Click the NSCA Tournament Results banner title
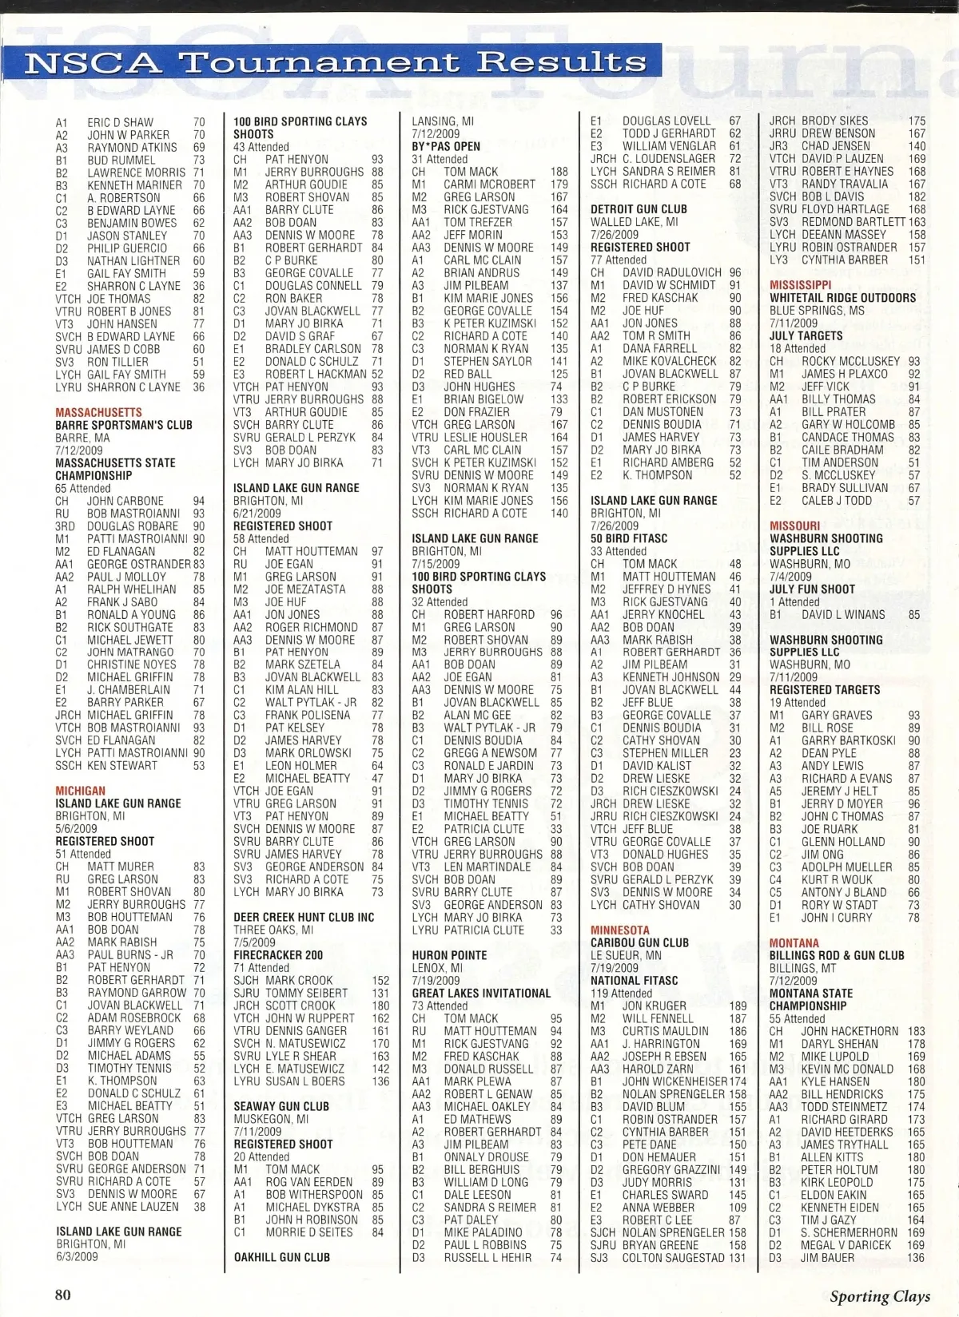(336, 62)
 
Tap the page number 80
(63, 1295)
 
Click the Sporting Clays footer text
(879, 1296)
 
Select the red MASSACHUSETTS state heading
(99, 412)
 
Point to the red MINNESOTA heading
(620, 930)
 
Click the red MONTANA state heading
(794, 943)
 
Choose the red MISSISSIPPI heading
(801, 285)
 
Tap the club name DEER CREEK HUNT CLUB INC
(304, 918)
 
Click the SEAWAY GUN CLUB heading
(281, 1107)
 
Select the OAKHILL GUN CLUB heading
(282, 1258)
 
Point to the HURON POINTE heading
(449, 955)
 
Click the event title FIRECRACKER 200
(278, 955)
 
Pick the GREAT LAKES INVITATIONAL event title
(481, 994)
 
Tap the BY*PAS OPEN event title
(446, 146)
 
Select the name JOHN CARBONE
(125, 501)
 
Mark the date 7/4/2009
(790, 577)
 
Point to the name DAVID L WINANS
(843, 615)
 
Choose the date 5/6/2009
(76, 829)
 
